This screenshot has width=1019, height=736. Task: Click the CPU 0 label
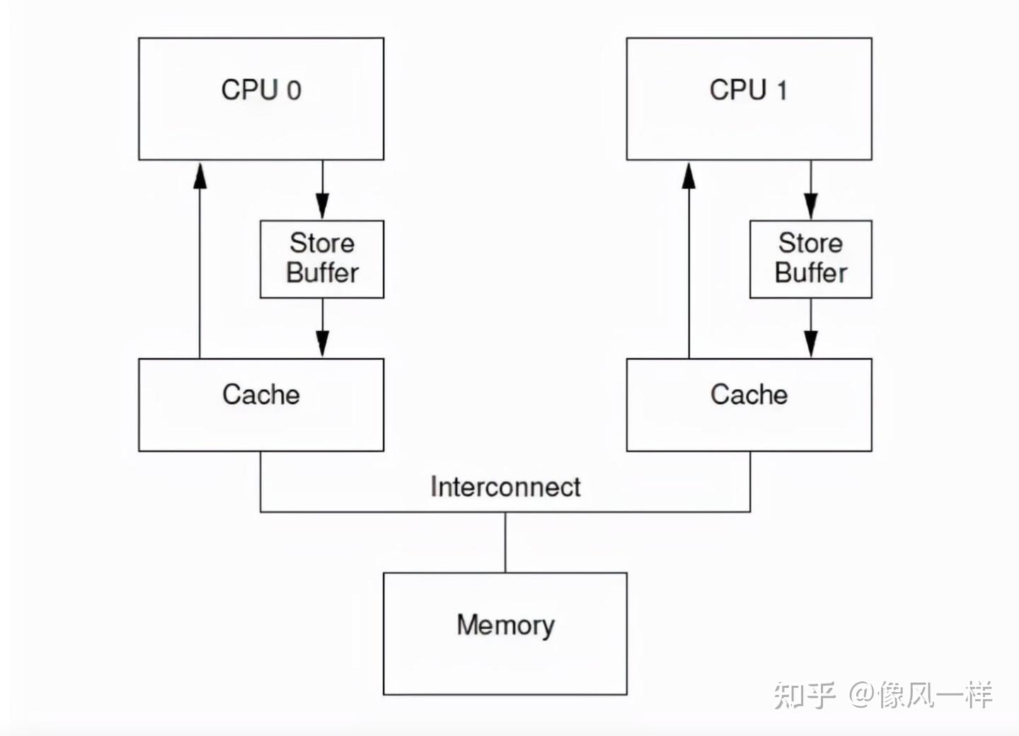pos(261,90)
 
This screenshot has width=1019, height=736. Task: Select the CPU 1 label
pos(748,90)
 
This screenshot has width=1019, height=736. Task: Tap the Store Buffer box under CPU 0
pos(322,258)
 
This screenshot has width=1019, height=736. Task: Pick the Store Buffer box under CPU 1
pos(811,258)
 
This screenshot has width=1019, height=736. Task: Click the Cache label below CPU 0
pos(261,395)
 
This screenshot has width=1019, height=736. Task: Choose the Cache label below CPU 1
pos(749,395)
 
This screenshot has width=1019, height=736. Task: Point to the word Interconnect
pos(505,487)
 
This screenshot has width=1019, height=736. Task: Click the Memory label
pos(505,625)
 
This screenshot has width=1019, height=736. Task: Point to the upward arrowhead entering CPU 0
pos(200,176)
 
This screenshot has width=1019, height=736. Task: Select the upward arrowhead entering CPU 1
pos(689,176)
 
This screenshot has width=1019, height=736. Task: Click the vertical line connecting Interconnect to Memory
pos(505,542)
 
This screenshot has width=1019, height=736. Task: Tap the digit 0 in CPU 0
pos(294,91)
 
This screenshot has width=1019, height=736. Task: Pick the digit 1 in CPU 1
pos(781,91)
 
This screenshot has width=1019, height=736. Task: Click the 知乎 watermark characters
pos(805,695)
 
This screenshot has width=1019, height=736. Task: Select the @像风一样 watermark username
pos(921,695)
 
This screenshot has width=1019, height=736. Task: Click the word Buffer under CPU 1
pos(811,273)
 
